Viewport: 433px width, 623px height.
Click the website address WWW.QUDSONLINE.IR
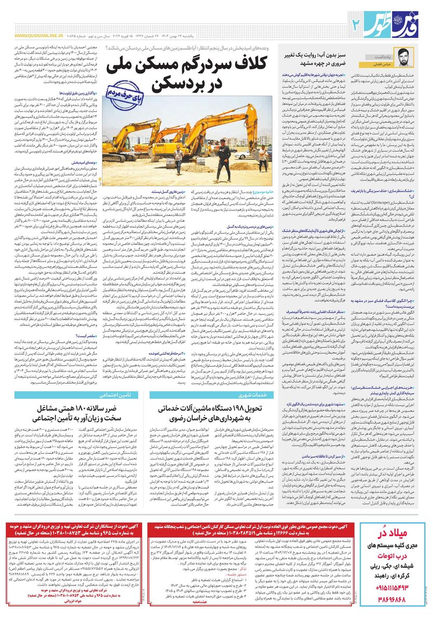pos(36,36)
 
